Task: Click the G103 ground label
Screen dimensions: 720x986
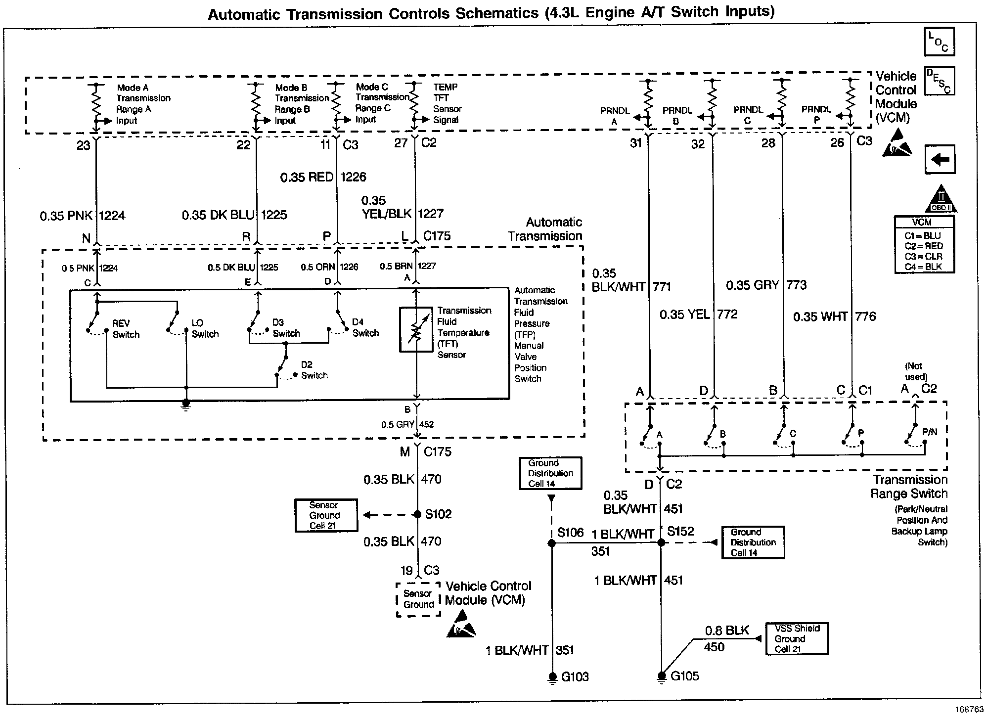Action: click(x=575, y=676)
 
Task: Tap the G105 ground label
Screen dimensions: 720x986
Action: click(x=685, y=676)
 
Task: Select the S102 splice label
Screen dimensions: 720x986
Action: click(x=438, y=514)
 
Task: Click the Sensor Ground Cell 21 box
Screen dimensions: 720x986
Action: click(x=326, y=515)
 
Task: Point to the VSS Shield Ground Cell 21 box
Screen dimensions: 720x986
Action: click(x=797, y=639)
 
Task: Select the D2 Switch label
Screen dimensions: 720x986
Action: click(x=314, y=370)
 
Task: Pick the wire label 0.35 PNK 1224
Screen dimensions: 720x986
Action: click(x=83, y=216)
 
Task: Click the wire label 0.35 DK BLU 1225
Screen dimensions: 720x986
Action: click(x=234, y=215)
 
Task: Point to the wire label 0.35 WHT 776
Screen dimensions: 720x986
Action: click(x=834, y=316)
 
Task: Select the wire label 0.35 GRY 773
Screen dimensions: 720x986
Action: click(x=766, y=285)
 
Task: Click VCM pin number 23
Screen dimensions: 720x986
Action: click(x=84, y=145)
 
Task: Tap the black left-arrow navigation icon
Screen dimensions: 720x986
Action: click(x=940, y=159)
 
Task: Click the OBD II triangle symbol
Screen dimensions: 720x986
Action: click(x=941, y=200)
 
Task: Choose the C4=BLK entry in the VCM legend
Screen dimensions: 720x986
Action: click(x=924, y=267)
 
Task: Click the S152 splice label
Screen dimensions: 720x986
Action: click(x=680, y=532)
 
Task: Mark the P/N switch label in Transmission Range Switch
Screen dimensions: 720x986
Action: click(x=930, y=432)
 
